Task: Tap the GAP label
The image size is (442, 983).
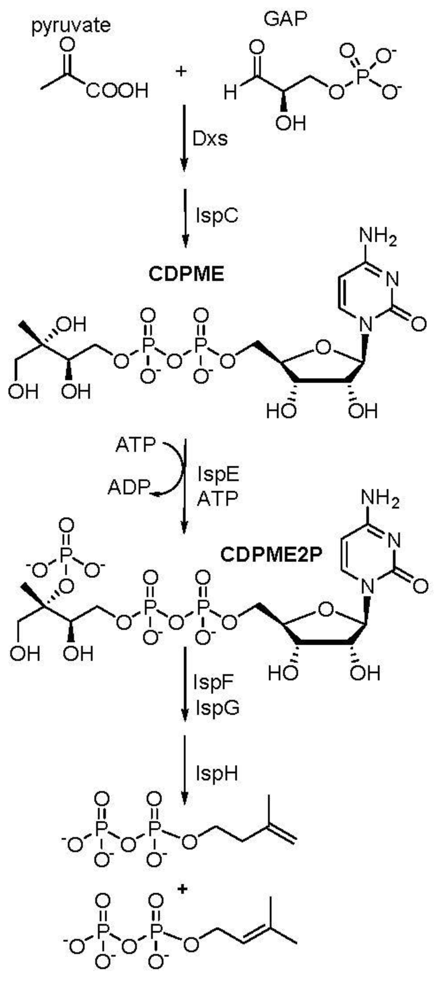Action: click(x=285, y=19)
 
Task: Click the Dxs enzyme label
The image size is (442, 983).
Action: click(x=210, y=139)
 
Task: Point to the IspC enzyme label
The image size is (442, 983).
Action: click(x=217, y=215)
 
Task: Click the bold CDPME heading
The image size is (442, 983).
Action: click(x=186, y=274)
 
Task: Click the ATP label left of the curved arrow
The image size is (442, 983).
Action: click(x=136, y=445)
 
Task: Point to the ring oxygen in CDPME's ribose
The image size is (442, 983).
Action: click(x=324, y=348)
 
